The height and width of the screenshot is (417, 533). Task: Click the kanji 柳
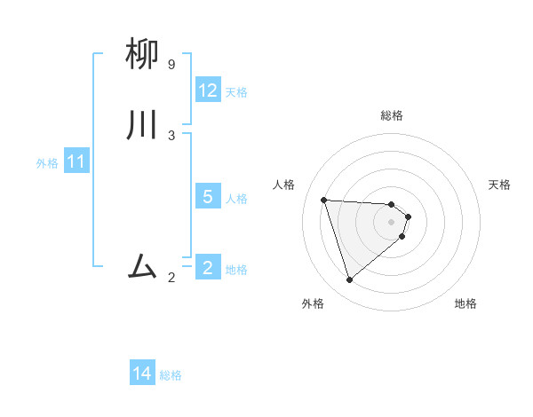point(143,55)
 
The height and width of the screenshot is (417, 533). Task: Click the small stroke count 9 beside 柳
point(171,65)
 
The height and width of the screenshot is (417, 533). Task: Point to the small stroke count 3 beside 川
point(171,135)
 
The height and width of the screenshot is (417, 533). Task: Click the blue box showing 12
point(208,90)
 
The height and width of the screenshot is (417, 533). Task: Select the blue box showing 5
point(208,197)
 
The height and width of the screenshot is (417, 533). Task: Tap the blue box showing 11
point(76,162)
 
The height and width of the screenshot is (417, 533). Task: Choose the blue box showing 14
point(142,374)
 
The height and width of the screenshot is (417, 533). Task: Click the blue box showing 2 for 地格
point(208,268)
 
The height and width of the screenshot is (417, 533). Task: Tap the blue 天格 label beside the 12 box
point(236,92)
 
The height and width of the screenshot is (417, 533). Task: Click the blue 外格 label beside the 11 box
point(47,163)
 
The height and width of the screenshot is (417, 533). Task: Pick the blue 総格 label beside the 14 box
point(171,375)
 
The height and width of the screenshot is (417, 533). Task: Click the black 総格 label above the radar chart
point(392,115)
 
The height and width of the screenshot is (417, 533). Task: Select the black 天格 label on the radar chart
point(500,185)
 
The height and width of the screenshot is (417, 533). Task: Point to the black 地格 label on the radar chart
point(465,303)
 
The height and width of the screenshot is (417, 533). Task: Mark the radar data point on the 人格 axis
point(323,200)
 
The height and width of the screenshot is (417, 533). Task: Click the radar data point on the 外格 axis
point(349,280)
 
